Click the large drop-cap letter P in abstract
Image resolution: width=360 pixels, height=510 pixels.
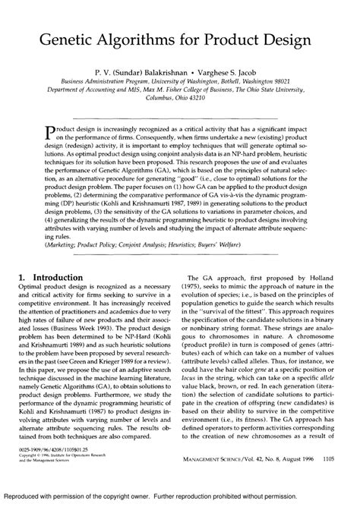coord(52,134)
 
